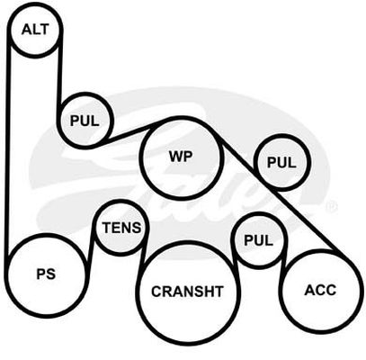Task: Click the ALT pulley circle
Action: [35, 4]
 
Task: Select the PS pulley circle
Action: [47, 236]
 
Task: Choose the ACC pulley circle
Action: [321, 251]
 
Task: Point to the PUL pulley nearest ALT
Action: [85, 94]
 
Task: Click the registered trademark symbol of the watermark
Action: [333, 206]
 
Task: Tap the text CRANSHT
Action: [188, 292]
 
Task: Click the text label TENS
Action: [121, 228]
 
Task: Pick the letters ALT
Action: [35, 30]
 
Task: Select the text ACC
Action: [320, 290]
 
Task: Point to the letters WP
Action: [181, 157]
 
